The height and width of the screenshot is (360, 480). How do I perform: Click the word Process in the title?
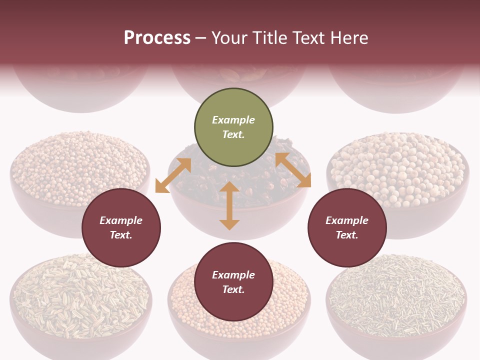157,38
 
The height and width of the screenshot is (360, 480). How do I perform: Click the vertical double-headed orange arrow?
229,205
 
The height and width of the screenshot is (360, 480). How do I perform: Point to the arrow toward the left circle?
173,175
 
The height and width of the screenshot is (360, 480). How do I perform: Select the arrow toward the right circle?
293,170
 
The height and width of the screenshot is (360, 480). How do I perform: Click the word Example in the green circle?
233,120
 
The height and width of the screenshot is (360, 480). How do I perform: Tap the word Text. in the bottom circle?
233,289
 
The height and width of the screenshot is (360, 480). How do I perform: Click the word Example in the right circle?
347,220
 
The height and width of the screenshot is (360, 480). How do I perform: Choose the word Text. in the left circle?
121,235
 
